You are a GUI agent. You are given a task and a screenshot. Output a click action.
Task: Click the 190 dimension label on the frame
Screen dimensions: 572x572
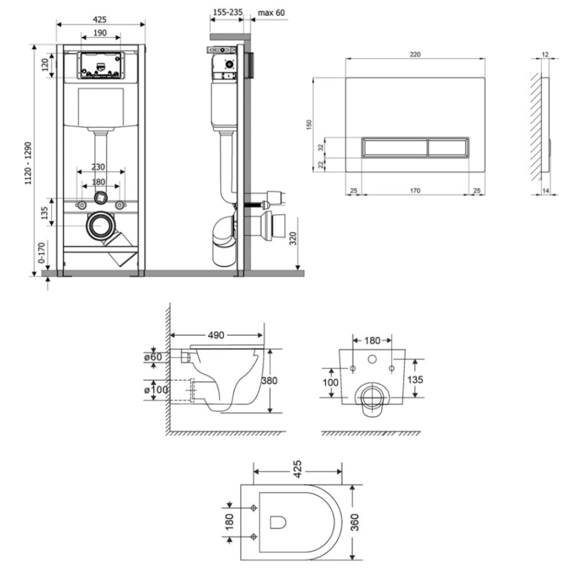pos(100,33)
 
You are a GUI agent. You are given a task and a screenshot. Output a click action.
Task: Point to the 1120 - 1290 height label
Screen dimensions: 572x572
pos(28,163)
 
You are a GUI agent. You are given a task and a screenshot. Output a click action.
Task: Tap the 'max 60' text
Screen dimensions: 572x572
pos(271,13)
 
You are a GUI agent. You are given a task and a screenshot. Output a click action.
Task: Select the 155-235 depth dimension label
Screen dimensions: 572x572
pos(228,13)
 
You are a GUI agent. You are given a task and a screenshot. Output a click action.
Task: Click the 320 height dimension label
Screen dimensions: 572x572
pos(293,238)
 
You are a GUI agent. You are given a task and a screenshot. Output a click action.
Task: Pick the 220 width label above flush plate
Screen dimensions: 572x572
pos(415,54)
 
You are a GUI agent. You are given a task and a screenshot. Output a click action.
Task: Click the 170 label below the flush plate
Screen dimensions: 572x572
pos(415,190)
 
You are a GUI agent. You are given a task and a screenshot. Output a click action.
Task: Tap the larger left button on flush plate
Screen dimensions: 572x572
pos(395,148)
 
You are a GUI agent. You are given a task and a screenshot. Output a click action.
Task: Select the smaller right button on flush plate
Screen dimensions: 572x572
pos(448,148)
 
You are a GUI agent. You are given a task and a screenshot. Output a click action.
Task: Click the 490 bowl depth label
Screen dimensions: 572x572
pos(216,335)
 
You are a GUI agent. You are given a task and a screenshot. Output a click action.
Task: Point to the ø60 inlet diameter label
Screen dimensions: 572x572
pos(153,356)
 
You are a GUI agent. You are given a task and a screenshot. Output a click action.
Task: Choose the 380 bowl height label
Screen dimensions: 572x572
pos(269,380)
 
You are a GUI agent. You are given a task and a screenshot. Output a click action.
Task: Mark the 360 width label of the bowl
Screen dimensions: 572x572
pos(354,522)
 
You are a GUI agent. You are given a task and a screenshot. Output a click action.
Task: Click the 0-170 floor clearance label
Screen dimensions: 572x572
pos(41,252)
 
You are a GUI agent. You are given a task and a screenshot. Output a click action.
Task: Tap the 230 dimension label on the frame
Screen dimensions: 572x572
pos(98,166)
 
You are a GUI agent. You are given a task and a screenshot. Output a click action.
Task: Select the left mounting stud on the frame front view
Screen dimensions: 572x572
pos(81,205)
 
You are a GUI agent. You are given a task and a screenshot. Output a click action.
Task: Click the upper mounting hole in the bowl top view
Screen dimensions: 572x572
pos(254,508)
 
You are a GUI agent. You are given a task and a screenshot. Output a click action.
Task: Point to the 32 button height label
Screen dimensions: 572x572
pos(321,148)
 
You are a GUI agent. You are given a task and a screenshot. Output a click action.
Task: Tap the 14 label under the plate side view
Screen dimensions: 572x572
pos(546,190)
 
